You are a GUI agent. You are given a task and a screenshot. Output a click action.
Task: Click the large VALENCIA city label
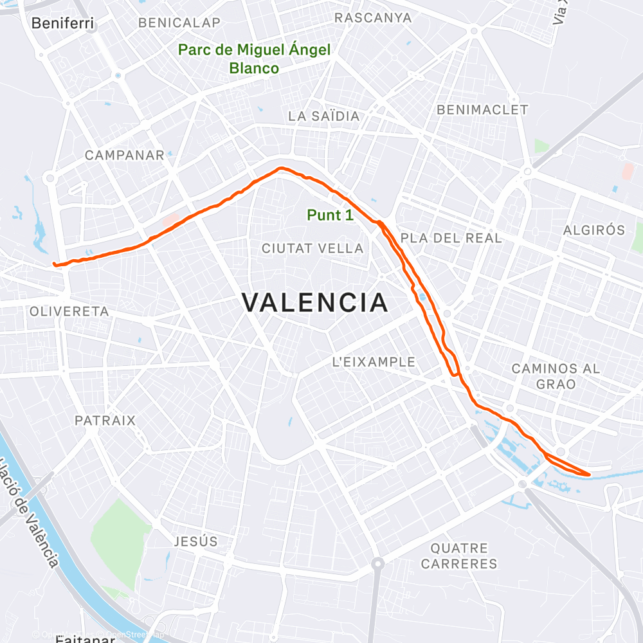click(x=315, y=302)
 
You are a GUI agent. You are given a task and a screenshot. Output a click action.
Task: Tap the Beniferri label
click(x=63, y=24)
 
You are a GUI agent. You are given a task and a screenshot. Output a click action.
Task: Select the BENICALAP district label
click(x=179, y=23)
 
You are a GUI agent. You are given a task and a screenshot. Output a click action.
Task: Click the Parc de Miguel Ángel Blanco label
click(x=254, y=59)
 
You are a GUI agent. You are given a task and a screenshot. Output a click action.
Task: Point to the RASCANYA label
click(x=373, y=17)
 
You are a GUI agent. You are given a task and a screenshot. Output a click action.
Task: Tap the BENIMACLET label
click(x=482, y=110)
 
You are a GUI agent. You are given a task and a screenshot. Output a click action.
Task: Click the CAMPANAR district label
click(x=125, y=155)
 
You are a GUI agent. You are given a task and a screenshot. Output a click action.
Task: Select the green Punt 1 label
click(x=330, y=215)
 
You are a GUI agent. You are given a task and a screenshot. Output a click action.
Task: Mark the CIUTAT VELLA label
click(x=312, y=248)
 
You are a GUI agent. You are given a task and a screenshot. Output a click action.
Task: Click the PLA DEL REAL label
click(x=451, y=238)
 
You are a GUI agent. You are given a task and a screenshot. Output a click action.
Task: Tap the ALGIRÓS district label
click(x=594, y=230)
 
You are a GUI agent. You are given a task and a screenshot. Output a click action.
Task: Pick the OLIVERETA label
click(x=69, y=311)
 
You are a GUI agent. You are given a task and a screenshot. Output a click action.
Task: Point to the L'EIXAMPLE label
click(x=374, y=362)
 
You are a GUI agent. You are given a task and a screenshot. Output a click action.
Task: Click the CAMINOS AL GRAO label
click(x=556, y=376)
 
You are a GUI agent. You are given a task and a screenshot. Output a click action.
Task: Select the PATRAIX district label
click(x=105, y=421)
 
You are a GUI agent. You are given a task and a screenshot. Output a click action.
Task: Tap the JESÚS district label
click(x=195, y=541)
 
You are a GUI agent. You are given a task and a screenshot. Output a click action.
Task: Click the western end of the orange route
click(x=54, y=264)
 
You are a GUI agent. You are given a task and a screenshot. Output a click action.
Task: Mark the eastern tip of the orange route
click(x=589, y=475)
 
